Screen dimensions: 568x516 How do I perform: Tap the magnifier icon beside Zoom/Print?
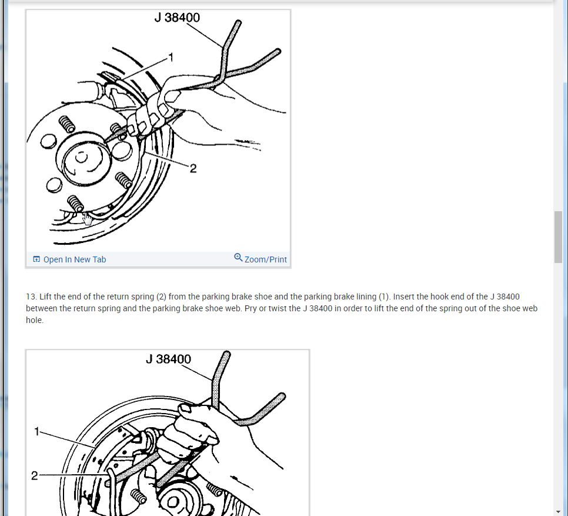tap(238, 257)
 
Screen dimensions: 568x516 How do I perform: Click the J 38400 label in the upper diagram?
tap(177, 18)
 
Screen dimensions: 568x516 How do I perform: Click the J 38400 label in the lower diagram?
tap(168, 359)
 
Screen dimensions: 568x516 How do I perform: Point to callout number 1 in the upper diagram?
tap(171, 57)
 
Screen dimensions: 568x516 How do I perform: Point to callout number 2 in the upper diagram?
tap(193, 168)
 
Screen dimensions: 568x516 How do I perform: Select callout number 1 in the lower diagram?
tap(36, 431)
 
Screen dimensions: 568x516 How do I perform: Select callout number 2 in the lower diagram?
tap(35, 475)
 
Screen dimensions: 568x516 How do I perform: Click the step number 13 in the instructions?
tap(31, 297)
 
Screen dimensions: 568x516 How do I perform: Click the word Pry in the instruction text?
tap(250, 308)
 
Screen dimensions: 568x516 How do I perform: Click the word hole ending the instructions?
tap(35, 320)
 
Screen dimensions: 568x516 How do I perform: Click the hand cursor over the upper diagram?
tap(87, 219)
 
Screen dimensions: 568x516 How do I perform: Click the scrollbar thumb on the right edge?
tap(558, 237)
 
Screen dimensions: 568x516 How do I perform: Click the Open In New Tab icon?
tap(36, 259)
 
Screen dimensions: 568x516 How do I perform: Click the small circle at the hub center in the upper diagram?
tap(81, 157)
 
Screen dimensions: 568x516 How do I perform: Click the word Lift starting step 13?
tap(46, 297)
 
